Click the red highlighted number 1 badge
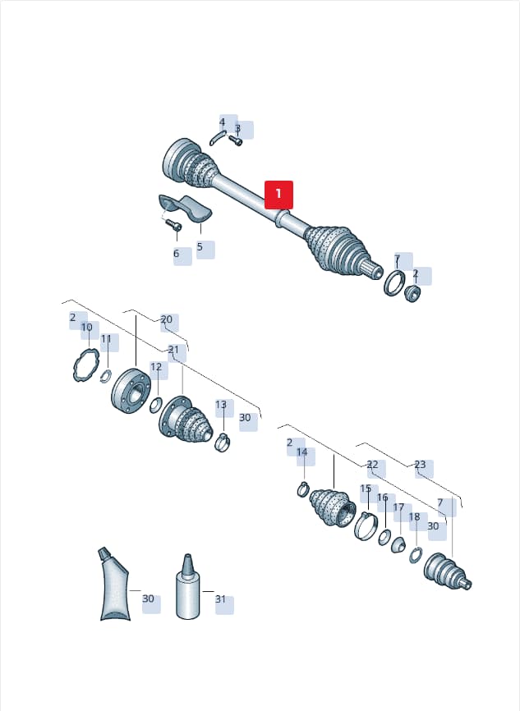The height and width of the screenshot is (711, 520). click(x=278, y=195)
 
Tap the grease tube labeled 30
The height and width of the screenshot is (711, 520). click(x=114, y=584)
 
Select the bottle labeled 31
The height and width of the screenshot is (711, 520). click(x=187, y=586)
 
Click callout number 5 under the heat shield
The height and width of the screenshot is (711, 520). click(x=200, y=247)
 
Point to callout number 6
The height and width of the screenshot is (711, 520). click(x=177, y=254)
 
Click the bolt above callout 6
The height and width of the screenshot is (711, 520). click(x=173, y=224)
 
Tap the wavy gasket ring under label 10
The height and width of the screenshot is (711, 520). click(x=85, y=365)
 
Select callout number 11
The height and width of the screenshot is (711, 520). click(x=106, y=339)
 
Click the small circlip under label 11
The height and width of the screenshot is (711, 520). click(x=106, y=375)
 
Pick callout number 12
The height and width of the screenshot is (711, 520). click(x=156, y=366)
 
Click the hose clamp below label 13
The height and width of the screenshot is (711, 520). click(x=223, y=442)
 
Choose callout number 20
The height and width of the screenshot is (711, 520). click(x=167, y=319)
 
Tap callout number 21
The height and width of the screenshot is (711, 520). click(x=174, y=350)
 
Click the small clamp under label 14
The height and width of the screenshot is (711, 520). click(x=303, y=489)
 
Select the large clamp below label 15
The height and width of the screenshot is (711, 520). click(x=366, y=525)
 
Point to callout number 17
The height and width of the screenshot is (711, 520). click(x=398, y=507)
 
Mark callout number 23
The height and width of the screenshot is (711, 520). click(x=420, y=465)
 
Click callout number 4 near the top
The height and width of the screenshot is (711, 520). click(x=223, y=122)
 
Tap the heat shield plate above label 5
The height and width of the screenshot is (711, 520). click(x=185, y=208)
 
